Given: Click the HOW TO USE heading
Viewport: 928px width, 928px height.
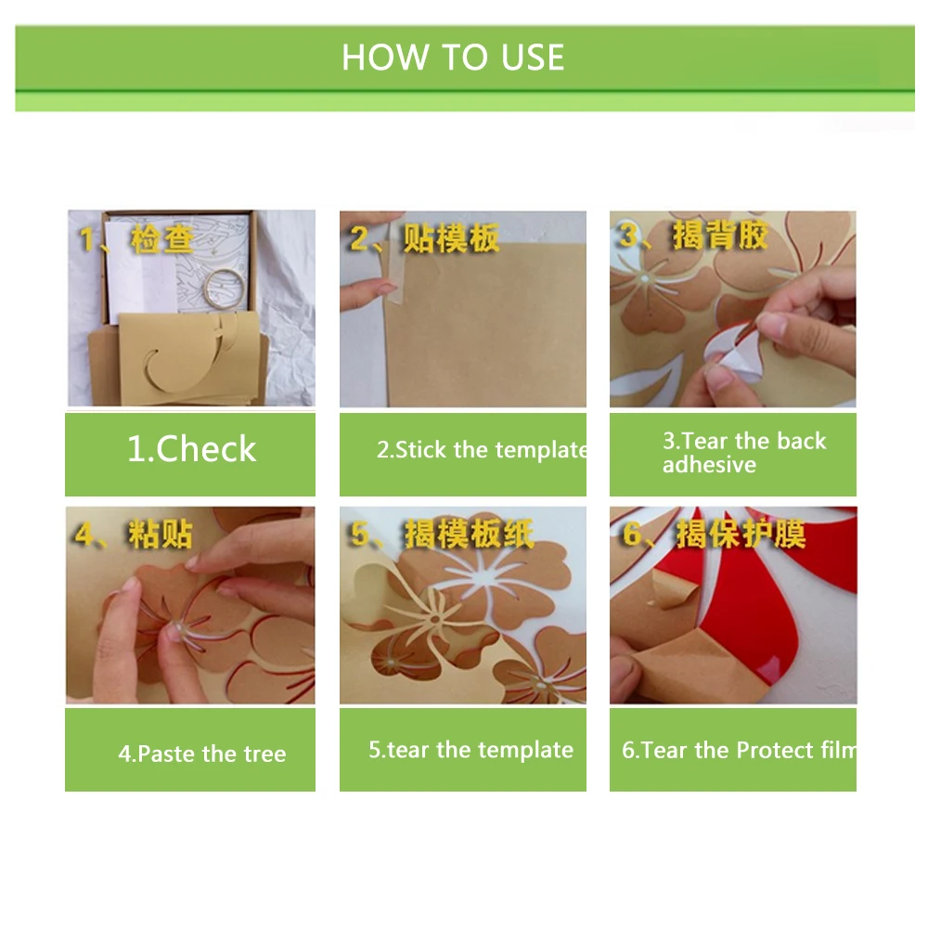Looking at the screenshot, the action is tap(453, 58).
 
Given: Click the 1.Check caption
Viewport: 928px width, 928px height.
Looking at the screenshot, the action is tap(192, 448).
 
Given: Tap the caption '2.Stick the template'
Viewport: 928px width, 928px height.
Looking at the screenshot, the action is tap(482, 450).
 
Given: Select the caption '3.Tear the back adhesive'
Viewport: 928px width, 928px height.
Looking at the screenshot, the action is tap(744, 453).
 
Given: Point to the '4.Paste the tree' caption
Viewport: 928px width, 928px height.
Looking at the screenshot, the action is tap(201, 754).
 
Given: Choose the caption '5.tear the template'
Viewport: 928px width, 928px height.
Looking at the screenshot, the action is tap(471, 750).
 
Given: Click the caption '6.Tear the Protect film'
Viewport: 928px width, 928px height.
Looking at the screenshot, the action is tap(739, 751).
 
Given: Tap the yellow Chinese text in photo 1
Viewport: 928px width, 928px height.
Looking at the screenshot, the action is tap(136, 239).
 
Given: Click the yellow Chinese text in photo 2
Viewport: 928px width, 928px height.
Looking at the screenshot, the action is tap(424, 238).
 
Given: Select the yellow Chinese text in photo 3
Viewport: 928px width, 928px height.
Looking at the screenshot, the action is tap(693, 235).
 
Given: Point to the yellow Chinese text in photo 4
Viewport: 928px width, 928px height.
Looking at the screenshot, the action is tap(134, 534).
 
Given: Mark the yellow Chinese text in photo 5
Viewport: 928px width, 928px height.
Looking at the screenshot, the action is tap(442, 534).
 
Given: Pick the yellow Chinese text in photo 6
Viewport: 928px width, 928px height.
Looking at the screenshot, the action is tap(714, 534).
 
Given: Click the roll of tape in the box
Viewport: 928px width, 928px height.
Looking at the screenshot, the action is tap(225, 289).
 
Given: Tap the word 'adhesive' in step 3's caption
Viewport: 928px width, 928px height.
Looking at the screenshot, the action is tap(709, 465).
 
